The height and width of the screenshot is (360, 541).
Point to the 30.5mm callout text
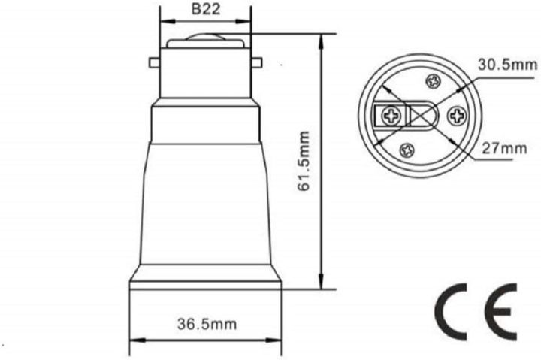(x=507, y=65)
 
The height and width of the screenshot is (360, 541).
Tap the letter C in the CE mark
(x=454, y=310)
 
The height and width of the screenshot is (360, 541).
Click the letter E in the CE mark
(x=500, y=310)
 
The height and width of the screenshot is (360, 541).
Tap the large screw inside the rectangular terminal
(x=391, y=116)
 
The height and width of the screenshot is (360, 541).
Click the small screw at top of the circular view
(x=433, y=81)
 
